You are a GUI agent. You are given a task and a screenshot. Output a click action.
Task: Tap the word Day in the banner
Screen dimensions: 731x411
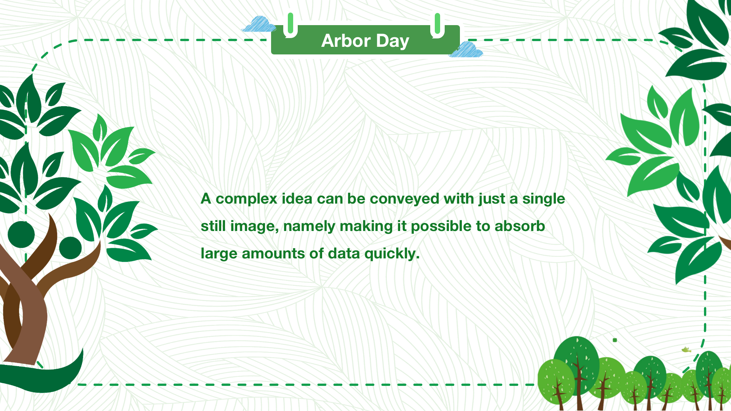click(x=393, y=41)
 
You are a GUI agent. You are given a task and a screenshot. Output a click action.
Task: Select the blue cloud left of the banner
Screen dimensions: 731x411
click(x=259, y=24)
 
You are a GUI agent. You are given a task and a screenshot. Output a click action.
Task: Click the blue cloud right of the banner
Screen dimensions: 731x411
click(x=466, y=49)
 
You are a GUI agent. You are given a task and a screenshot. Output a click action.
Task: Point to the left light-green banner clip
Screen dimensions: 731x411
click(x=290, y=25)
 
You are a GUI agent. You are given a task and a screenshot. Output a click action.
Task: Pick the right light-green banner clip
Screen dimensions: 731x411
click(x=437, y=25)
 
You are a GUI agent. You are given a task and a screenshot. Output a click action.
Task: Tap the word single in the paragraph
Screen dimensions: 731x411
click(x=544, y=199)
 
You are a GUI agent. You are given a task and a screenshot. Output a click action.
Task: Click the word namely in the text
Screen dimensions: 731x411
click(x=310, y=226)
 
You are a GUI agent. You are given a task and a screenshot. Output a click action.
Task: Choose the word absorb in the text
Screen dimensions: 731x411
click(x=520, y=226)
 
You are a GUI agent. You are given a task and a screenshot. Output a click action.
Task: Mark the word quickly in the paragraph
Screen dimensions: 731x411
click(x=392, y=254)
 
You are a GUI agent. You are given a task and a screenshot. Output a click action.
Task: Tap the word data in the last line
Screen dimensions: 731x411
click(x=344, y=253)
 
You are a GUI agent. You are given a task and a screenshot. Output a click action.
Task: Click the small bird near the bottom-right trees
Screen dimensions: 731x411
click(x=686, y=350)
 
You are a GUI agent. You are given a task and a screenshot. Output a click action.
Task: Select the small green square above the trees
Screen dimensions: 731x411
click(x=615, y=340)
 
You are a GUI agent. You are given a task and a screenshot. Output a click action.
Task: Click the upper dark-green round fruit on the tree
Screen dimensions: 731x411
click(x=21, y=234)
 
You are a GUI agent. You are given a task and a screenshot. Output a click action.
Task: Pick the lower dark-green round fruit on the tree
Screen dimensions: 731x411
click(x=70, y=248)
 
